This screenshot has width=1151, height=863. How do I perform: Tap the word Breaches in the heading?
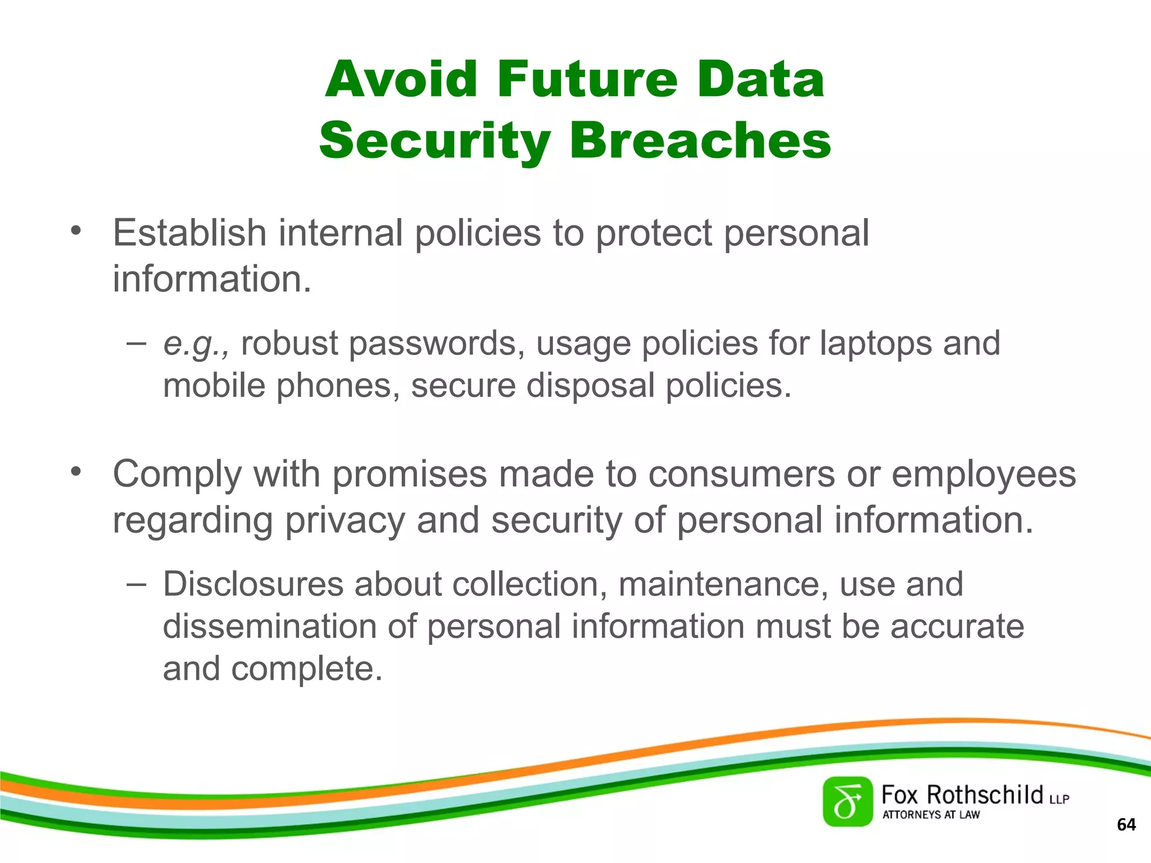click(x=700, y=140)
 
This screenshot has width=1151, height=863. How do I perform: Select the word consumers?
click(x=742, y=474)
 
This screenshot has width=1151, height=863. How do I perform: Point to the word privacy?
click(x=345, y=520)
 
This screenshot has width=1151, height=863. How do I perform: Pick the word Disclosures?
click(x=253, y=584)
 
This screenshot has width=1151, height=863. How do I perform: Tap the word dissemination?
click(x=270, y=626)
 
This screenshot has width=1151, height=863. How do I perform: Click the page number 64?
click(x=1126, y=824)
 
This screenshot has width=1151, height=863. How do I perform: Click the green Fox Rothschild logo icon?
click(x=848, y=802)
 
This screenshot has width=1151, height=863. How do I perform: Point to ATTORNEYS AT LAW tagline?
click(x=931, y=815)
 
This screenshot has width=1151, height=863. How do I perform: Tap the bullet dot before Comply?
click(x=76, y=471)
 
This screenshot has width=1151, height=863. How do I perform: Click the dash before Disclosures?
click(x=137, y=584)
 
